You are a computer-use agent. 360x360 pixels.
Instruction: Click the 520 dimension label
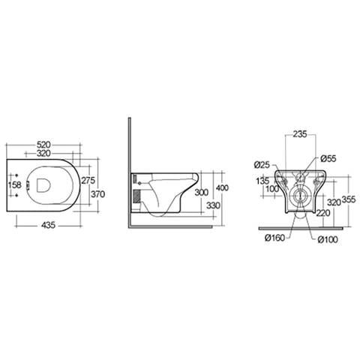click(x=43, y=145)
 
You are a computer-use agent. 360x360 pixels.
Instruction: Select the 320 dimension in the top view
click(x=43, y=153)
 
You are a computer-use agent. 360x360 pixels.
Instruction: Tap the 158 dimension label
click(x=14, y=185)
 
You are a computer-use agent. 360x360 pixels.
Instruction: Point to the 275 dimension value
click(x=88, y=180)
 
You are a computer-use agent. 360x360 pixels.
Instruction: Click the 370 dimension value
click(x=97, y=194)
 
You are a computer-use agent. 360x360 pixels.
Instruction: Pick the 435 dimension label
click(x=48, y=226)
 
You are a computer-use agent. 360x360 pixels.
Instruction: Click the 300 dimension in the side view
click(x=202, y=193)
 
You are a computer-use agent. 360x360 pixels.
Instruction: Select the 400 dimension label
click(x=222, y=187)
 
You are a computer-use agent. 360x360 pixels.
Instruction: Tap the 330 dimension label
click(x=213, y=205)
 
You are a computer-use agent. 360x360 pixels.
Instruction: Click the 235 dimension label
click(x=300, y=134)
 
